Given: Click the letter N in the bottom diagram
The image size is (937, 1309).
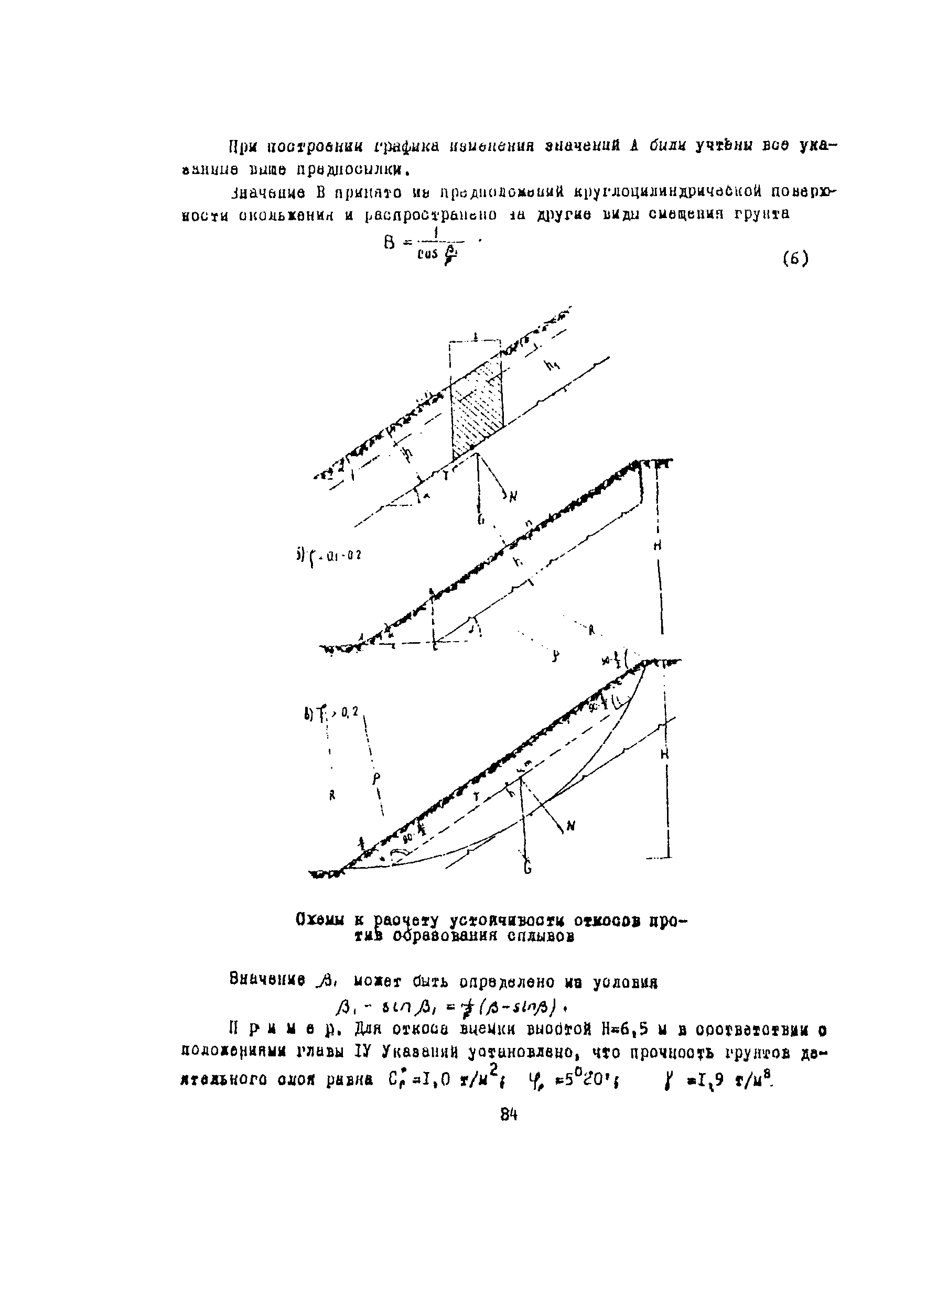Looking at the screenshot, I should (x=570, y=827).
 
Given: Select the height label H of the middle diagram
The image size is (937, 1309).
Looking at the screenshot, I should (x=657, y=547).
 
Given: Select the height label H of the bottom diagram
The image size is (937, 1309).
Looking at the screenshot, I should (x=665, y=754).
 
